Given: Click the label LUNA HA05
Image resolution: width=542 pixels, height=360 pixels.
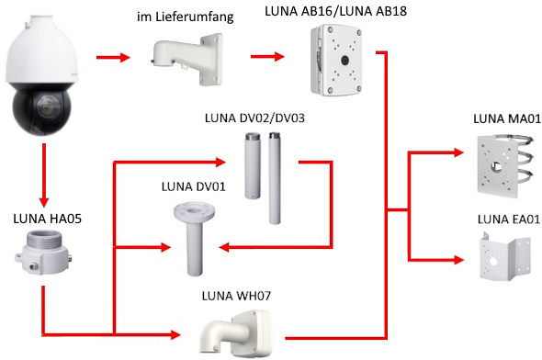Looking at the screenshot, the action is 48,219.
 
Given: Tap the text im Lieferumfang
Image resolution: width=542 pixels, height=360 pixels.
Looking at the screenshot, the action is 186,17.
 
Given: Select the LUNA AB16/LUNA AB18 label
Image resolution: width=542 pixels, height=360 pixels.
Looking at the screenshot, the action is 335,11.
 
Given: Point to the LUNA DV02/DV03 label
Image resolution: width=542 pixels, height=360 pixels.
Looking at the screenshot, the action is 254,118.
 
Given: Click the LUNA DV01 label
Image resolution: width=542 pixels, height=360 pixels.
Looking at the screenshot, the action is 194,186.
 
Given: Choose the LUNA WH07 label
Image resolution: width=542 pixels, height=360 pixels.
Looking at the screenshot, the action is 236,296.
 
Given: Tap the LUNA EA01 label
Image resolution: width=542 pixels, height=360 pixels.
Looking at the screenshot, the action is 509,219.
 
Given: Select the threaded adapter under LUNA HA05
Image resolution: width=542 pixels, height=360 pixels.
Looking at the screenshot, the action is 43,253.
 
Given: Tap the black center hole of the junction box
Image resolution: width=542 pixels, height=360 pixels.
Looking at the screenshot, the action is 344,61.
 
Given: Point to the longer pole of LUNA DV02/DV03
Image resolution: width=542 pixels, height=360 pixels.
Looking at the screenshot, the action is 275,178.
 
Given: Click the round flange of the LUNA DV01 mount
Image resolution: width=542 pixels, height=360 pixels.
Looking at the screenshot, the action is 194,211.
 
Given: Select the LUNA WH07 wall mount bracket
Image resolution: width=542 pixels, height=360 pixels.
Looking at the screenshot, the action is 235,333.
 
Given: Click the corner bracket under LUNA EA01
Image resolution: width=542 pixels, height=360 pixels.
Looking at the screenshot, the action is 505,257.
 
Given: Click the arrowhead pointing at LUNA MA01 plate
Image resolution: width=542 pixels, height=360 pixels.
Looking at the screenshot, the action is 458,152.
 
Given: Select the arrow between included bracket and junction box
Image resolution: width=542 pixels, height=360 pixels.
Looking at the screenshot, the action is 267,56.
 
